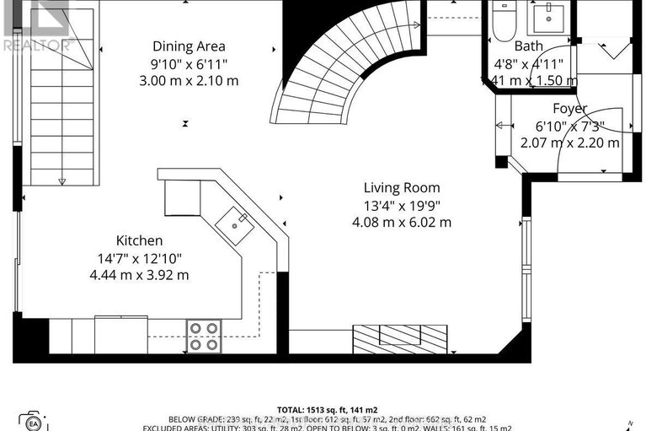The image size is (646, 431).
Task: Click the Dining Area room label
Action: [x=189, y=46]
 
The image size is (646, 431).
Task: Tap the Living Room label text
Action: [x=402, y=187]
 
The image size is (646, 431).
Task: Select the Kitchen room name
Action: [x=140, y=241]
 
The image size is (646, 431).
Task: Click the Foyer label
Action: [x=569, y=109]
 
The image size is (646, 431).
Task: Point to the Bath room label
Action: [x=529, y=46]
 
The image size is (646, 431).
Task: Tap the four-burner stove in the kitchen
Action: [x=203, y=336]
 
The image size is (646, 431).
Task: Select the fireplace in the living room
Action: [x=396, y=339]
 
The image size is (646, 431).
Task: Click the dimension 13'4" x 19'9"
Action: [x=402, y=205]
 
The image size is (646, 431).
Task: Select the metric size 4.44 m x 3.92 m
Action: [x=140, y=275]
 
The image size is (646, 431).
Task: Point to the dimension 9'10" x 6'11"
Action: [x=189, y=63]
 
